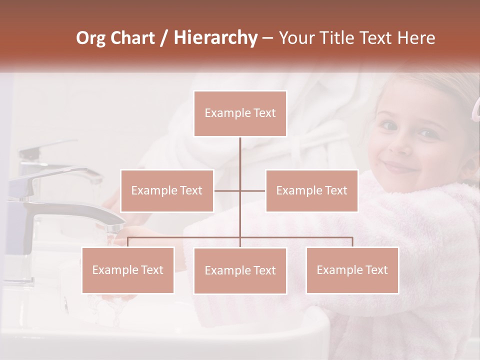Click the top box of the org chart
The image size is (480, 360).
pyautogui.click(x=240, y=113)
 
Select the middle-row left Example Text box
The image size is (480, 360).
pyautogui.click(x=167, y=190)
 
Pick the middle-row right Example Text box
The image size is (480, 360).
pyautogui.click(x=311, y=190)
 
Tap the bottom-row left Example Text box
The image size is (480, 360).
pyautogui.click(x=128, y=270)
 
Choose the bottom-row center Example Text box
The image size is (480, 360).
pyautogui.click(x=240, y=270)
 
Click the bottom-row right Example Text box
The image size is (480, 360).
pyautogui.click(x=352, y=270)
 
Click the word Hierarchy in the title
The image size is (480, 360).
pyautogui.click(x=215, y=38)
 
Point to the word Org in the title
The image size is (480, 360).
pyautogui.click(x=91, y=38)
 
